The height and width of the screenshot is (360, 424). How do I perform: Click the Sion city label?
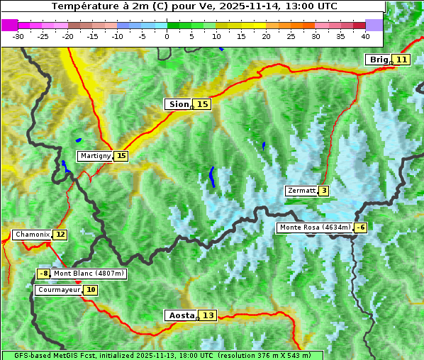pyautogui.click(x=178, y=104)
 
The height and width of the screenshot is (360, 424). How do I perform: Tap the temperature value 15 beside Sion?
pyautogui.click(x=203, y=104)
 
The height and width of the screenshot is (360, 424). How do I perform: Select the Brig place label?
pyautogui.click(x=378, y=60)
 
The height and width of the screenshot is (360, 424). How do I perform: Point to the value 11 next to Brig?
pyautogui.click(x=401, y=60)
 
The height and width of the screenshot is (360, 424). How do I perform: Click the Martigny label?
pyautogui.click(x=95, y=156)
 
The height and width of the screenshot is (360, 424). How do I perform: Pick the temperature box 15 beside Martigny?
pyautogui.click(x=121, y=156)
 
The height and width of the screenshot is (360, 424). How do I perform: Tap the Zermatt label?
pyautogui.click(x=301, y=191)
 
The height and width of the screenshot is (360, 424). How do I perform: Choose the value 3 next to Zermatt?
pyautogui.click(x=324, y=191)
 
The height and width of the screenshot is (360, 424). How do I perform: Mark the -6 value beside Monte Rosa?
pyautogui.click(x=361, y=227)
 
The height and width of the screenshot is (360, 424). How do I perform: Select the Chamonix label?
pyautogui.click(x=32, y=235)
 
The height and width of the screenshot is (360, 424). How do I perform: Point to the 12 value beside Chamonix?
pyautogui.click(x=60, y=235)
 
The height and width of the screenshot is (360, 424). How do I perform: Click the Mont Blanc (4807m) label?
pyautogui.click(x=89, y=274)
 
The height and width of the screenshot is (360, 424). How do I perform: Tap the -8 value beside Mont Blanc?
pyautogui.click(x=44, y=274)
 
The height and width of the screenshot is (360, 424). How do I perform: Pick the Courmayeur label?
pyautogui.click(x=59, y=290)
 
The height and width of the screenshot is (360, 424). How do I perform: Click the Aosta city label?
pyautogui.click(x=180, y=315)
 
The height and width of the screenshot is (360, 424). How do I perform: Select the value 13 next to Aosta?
pyautogui.click(x=208, y=315)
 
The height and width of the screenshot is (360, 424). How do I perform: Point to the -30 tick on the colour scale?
pyautogui.click(x=18, y=35)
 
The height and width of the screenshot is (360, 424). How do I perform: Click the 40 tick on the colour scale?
pyautogui.click(x=365, y=35)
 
